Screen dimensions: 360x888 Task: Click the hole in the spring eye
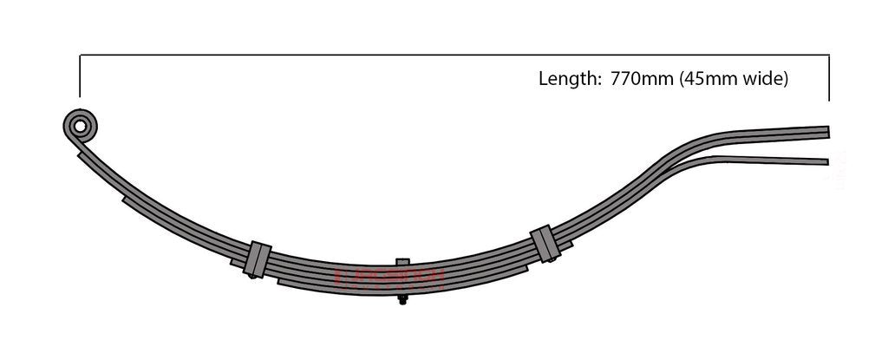pyautogui.click(x=81, y=127)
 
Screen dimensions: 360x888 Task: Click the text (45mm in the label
pyautogui.click(x=708, y=79)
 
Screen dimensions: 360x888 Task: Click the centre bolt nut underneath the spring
pyautogui.click(x=402, y=300)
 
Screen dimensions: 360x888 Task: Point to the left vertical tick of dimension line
pyautogui.click(x=80, y=76)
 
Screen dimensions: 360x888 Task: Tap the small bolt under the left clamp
pyautogui.click(x=251, y=276)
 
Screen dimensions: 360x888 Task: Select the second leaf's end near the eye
pyautogui.click(x=80, y=156)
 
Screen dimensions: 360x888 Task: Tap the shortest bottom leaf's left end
pyautogui.click(x=279, y=281)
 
